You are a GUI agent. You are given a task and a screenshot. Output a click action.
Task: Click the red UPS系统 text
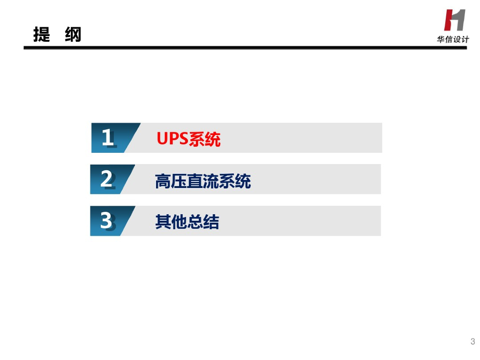click(x=188, y=139)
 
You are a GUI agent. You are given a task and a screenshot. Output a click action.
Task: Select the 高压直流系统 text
click(x=202, y=181)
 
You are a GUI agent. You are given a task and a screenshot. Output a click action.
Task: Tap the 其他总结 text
click(x=187, y=222)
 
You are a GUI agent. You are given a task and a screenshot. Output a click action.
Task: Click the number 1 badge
click(x=108, y=138)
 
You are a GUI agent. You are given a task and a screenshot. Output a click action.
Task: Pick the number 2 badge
click(x=107, y=179)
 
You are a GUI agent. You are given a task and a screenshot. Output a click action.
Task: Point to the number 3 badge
click(x=107, y=221)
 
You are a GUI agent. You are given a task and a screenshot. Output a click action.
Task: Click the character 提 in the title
click(x=42, y=35)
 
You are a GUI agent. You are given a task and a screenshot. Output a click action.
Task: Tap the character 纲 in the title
click(x=73, y=35)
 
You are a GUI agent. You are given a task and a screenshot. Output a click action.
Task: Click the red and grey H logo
click(x=454, y=20)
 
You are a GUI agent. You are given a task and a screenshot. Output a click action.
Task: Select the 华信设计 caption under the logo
click(x=453, y=40)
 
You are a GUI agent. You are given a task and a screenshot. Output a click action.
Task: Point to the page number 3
click(x=472, y=341)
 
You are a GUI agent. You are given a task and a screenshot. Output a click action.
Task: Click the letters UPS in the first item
click(x=172, y=139)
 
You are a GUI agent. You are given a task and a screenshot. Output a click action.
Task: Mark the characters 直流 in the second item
click(x=202, y=181)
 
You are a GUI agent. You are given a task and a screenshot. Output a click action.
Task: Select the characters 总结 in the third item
click(x=202, y=222)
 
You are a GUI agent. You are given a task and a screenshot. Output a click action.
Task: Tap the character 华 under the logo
click(x=441, y=40)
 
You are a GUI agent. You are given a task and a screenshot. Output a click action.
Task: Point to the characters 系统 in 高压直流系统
click(x=235, y=181)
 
